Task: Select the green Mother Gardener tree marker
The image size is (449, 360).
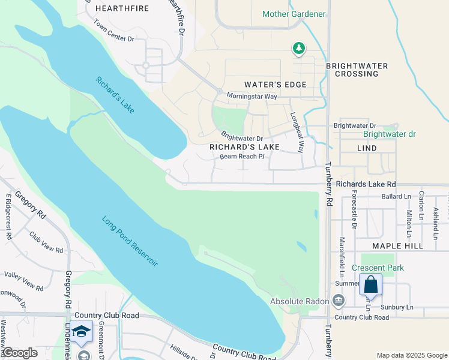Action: (298, 48)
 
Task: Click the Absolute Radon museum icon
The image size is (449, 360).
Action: (339, 300)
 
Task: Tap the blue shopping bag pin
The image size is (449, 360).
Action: (370, 284)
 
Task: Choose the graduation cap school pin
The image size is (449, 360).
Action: (81, 331)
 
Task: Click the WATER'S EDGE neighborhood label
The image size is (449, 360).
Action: (276, 85)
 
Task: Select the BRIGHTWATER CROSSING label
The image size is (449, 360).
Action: (357, 70)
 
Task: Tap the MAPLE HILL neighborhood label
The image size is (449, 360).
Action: (397, 246)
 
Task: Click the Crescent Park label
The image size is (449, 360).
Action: (378, 268)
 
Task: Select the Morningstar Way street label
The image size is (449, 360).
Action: (252, 96)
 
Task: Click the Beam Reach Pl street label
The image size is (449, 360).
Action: (242, 157)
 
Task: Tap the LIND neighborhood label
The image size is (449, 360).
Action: (367, 148)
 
